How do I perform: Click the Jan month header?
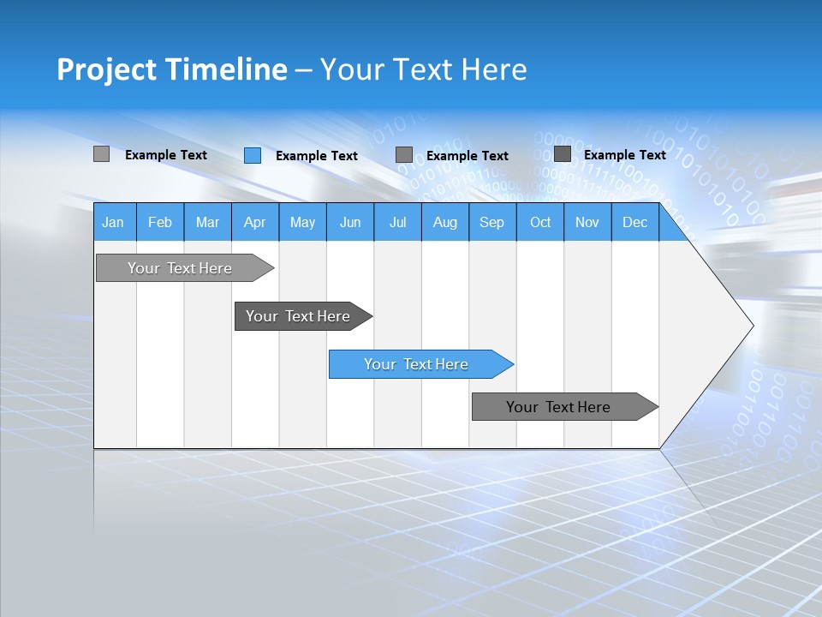click(x=113, y=223)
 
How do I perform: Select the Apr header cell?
click(x=254, y=223)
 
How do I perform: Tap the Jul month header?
click(x=397, y=223)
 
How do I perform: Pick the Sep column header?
click(x=491, y=223)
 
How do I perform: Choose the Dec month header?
click(x=634, y=223)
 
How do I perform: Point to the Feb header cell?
click(x=160, y=223)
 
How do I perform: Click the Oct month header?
click(x=540, y=223)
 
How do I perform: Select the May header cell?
click(x=302, y=223)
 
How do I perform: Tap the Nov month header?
click(x=587, y=223)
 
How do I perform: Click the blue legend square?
click(x=253, y=155)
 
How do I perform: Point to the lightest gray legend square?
click(x=101, y=154)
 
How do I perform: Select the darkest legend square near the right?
click(x=563, y=154)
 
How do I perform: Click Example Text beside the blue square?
click(x=316, y=156)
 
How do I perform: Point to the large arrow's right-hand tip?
click(x=751, y=326)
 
